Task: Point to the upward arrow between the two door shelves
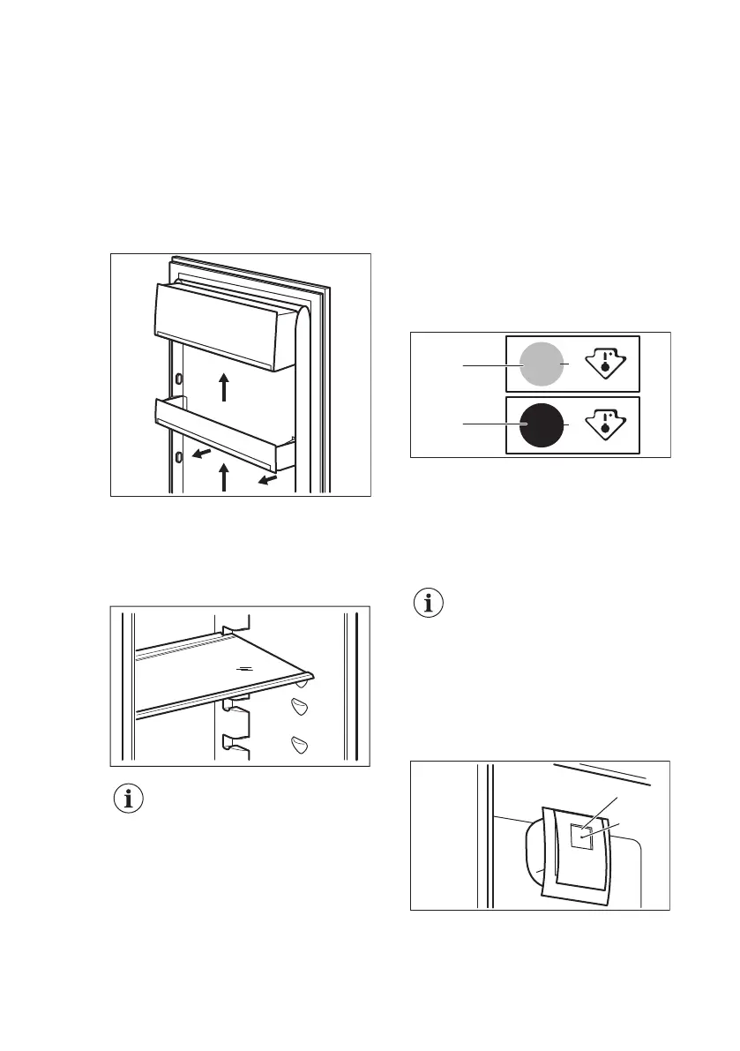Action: coord(224,387)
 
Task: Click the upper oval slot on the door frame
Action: coord(179,378)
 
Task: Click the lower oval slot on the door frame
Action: coord(179,457)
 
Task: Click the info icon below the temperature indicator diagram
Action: coord(430,605)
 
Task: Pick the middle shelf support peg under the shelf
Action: coord(300,709)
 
